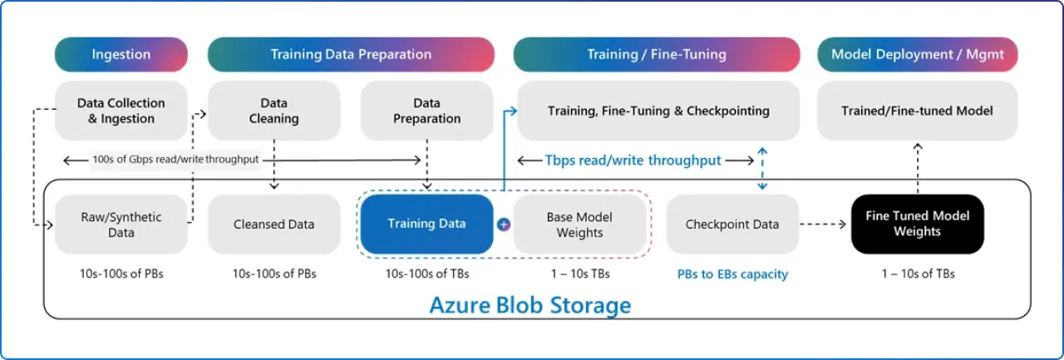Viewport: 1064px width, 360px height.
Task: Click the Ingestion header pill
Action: (x=121, y=55)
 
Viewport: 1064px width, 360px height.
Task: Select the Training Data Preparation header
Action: (x=351, y=55)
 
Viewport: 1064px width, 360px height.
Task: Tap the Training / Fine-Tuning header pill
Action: (x=657, y=55)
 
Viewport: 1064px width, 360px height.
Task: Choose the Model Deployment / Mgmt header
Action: (x=917, y=55)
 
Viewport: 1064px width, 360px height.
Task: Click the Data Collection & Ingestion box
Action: (x=121, y=111)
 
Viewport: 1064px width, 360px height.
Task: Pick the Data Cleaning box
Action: (x=273, y=111)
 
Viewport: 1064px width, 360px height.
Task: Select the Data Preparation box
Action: (x=426, y=111)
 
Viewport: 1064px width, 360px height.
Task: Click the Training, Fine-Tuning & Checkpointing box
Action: (x=658, y=111)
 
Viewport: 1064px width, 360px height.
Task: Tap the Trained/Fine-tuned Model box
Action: (x=917, y=111)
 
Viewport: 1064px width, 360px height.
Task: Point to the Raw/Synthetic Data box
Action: (x=121, y=224)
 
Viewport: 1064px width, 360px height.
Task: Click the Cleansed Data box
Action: (x=273, y=224)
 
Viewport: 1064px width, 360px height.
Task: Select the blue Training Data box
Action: (x=426, y=224)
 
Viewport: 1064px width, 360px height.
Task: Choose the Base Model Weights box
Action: (x=579, y=224)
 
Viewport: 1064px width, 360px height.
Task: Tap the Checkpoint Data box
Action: (x=732, y=224)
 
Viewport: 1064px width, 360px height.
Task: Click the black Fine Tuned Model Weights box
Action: (x=917, y=224)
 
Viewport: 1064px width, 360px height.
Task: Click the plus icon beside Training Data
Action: (x=503, y=224)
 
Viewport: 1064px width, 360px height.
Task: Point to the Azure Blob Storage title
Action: (x=530, y=305)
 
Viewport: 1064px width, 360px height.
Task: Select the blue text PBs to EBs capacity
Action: (x=732, y=274)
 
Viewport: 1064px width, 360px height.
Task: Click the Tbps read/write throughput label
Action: (x=633, y=160)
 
